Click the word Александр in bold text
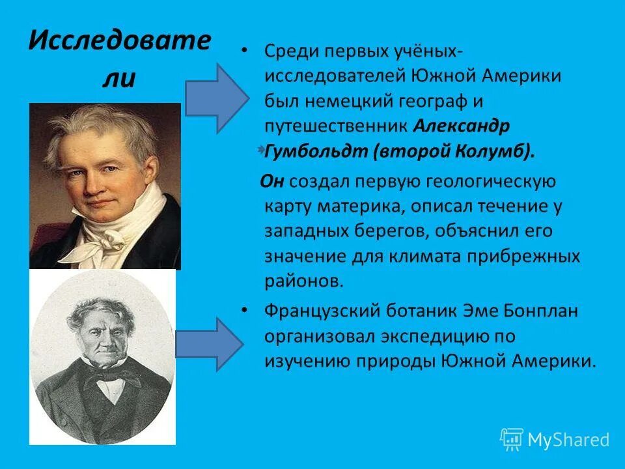[x=460, y=125]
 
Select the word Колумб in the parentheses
[x=500, y=151]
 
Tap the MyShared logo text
[x=568, y=440]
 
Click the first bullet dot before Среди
[x=243, y=51]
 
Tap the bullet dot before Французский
[x=243, y=311]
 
